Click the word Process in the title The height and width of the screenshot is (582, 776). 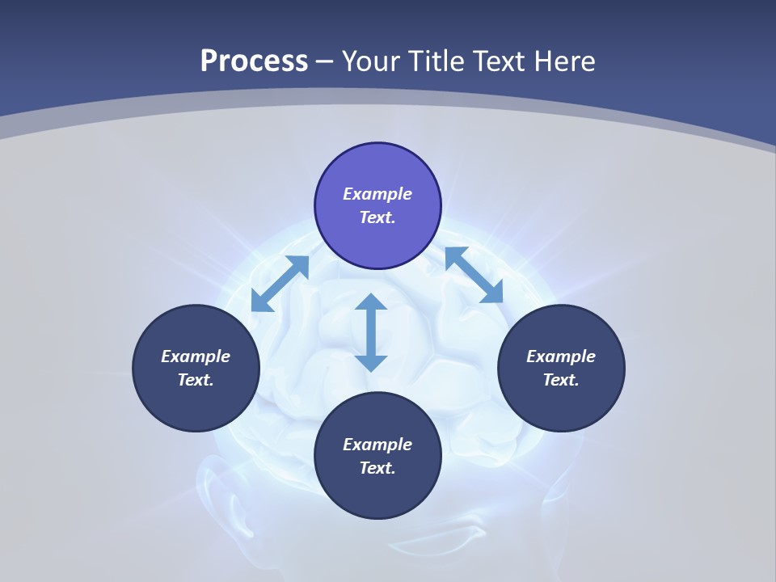pos(254,61)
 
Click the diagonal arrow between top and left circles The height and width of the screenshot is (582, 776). pos(280,284)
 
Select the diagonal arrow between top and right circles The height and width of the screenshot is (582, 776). pos(474,275)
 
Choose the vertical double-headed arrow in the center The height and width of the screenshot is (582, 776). pos(371,332)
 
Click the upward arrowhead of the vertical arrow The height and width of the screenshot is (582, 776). pos(371,302)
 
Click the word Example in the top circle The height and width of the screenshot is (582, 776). pos(377,194)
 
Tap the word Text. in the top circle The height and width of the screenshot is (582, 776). pos(377,217)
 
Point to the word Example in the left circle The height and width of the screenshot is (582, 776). pos(196,356)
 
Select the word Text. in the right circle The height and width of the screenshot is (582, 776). pos(561,380)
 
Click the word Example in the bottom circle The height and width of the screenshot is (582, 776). pos(377,445)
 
